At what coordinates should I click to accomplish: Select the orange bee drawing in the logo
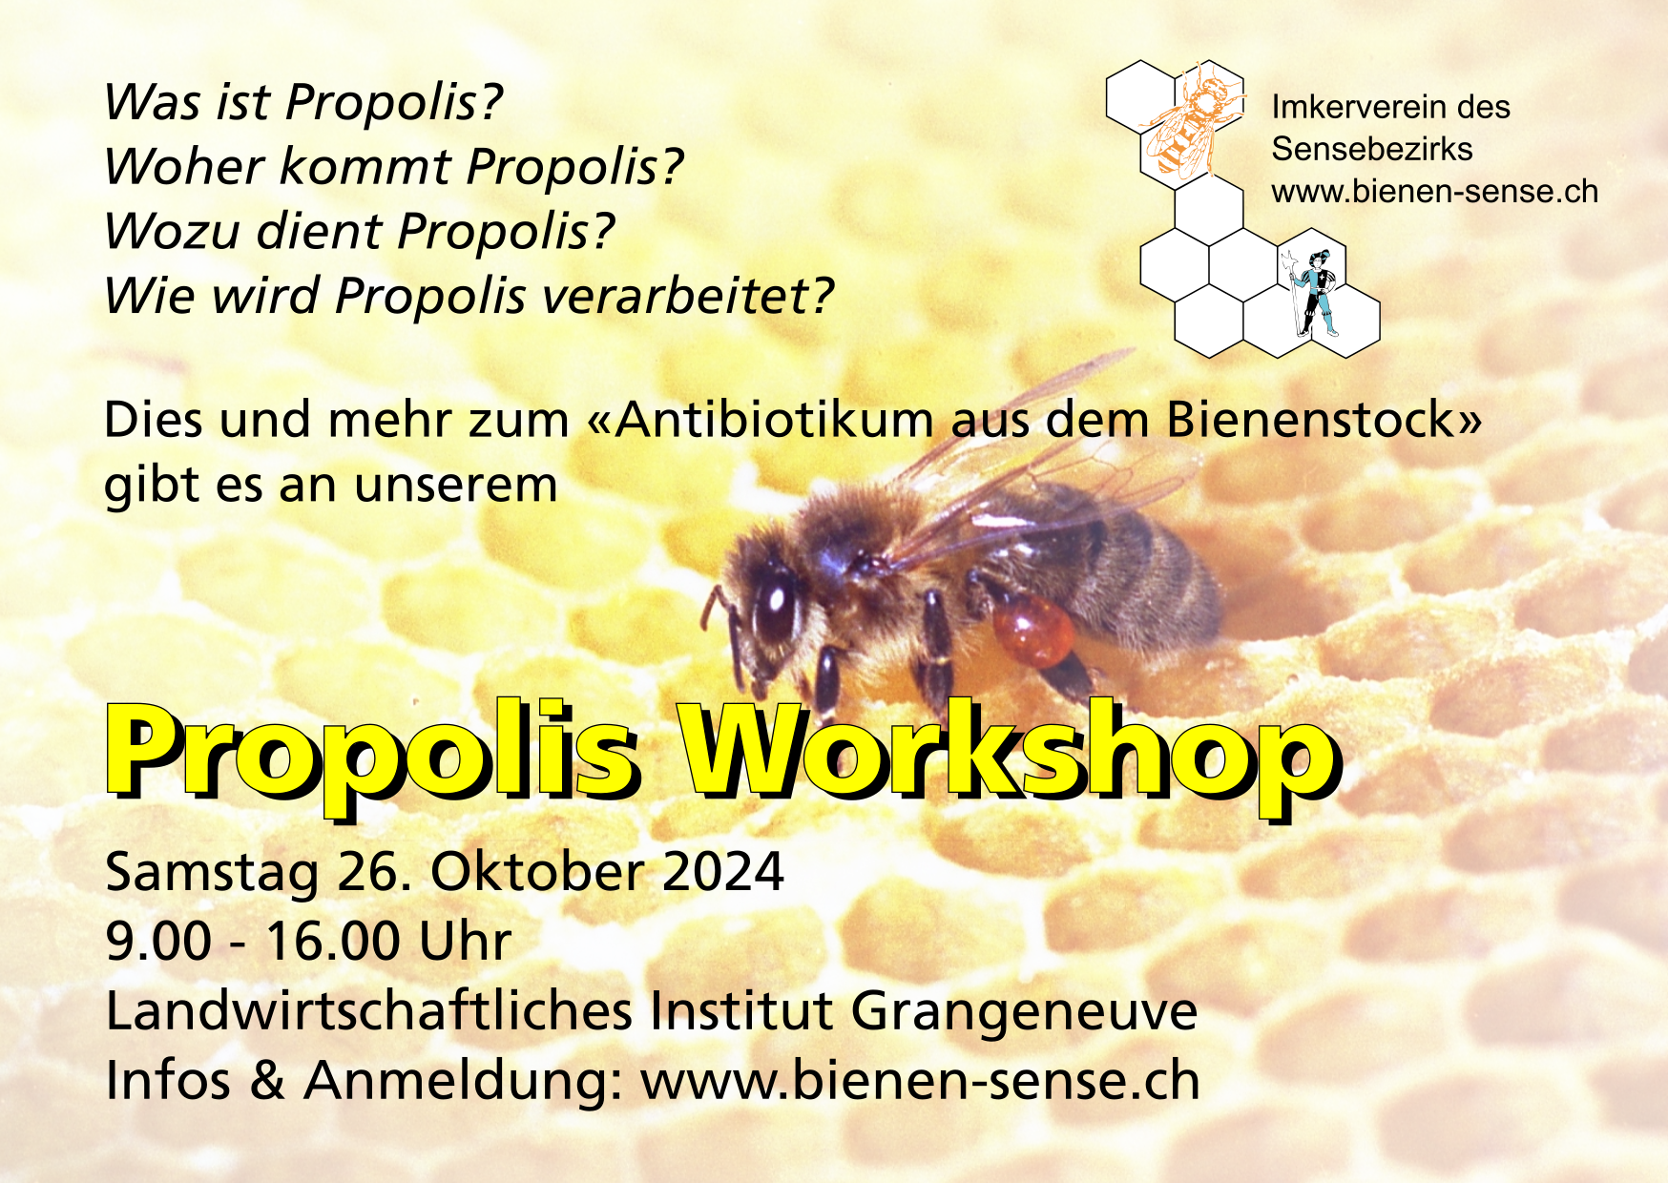1193,122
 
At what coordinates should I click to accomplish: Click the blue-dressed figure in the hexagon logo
1314,292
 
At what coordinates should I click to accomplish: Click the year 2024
722,872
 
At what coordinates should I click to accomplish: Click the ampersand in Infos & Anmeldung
266,1081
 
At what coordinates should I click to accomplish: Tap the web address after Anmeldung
920,1081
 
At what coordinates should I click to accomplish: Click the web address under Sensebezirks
1434,192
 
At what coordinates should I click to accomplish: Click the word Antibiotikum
774,420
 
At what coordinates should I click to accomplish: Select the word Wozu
172,232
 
